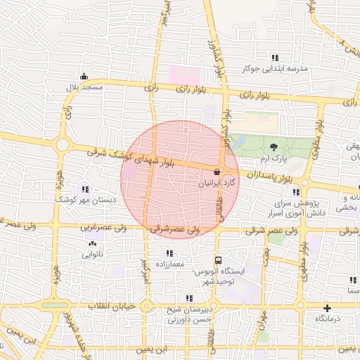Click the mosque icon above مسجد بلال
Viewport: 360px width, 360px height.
pyautogui.click(x=84, y=76)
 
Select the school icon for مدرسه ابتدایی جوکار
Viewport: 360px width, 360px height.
pyautogui.click(x=276, y=58)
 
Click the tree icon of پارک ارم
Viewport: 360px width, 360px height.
pyautogui.click(x=274, y=146)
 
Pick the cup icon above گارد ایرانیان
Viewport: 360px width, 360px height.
pyautogui.click(x=217, y=172)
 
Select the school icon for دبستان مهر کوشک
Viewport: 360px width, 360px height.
pyautogui.click(x=86, y=188)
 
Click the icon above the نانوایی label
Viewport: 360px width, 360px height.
pyautogui.click(x=93, y=243)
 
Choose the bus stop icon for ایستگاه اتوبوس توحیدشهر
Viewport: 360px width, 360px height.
pyautogui.click(x=217, y=259)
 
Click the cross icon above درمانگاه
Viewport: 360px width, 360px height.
pyautogui.click(x=327, y=308)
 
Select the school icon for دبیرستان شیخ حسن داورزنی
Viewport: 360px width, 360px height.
pyautogui.click(x=187, y=298)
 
